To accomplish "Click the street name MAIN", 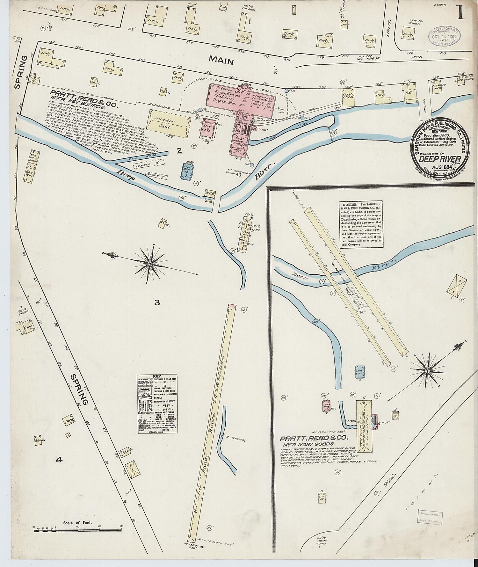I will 221,60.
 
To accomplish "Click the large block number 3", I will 157,303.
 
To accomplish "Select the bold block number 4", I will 59,460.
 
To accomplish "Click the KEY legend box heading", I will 157,376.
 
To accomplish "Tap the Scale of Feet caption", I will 77,523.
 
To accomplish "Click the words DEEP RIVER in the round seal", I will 440,159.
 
